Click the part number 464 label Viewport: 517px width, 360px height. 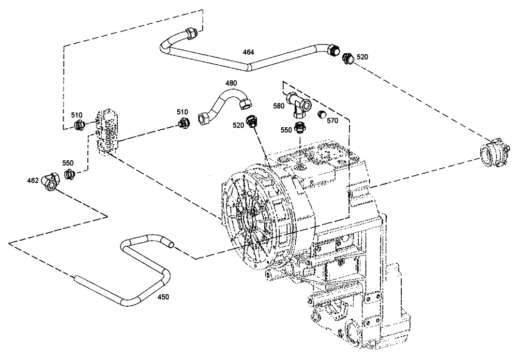[x=249, y=52]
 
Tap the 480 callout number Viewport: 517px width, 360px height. [x=231, y=83]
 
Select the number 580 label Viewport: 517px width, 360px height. [x=279, y=106]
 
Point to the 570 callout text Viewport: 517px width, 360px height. [x=332, y=120]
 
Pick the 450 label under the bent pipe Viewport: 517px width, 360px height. [x=163, y=297]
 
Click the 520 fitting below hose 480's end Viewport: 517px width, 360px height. [x=251, y=122]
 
